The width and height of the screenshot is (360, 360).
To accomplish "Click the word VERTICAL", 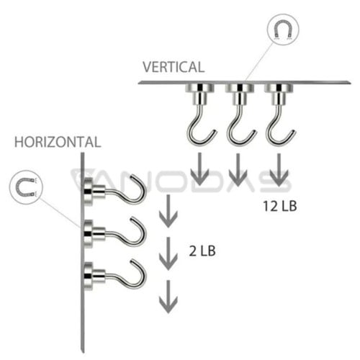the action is click(174, 67).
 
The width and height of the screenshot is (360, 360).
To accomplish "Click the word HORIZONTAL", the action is click(58, 142).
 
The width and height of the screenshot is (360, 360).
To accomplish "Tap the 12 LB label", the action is click(280, 206).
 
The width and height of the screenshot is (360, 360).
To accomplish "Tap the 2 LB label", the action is click(202, 251).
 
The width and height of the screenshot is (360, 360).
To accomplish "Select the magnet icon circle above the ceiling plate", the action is click(283, 30).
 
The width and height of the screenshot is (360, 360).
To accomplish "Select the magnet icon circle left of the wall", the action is click(26, 187).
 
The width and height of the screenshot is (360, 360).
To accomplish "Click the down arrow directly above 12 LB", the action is click(279, 170).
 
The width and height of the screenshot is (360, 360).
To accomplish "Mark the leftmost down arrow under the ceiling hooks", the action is click(199, 169).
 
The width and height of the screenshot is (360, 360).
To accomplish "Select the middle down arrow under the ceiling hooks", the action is click(238, 170).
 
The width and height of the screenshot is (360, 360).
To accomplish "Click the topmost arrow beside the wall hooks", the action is click(168, 211).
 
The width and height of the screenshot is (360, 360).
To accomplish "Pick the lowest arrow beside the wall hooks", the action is click(168, 297).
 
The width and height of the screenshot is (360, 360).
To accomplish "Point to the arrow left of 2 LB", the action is click(168, 253).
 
